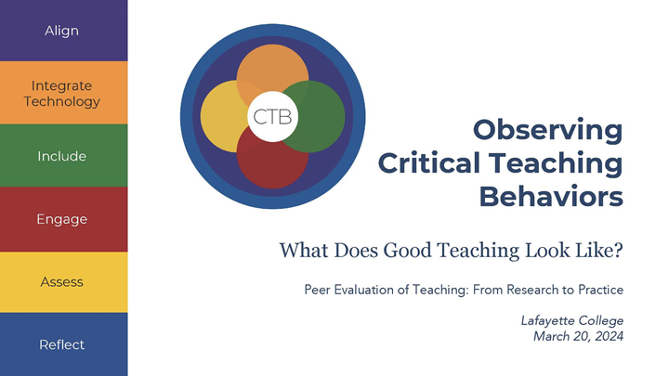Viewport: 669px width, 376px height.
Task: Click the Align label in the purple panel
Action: [61, 31]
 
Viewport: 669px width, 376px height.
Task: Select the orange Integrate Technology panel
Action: [61, 94]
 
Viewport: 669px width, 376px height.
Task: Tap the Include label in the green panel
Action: [61, 156]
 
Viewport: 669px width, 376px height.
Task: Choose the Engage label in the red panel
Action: [61, 219]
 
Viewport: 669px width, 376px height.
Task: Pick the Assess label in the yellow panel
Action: [61, 281]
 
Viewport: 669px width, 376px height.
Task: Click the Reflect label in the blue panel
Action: [61, 344]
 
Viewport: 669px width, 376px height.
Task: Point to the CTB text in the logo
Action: [272, 117]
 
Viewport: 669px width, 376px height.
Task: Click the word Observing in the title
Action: [547, 130]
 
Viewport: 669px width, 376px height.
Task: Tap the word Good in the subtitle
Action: [409, 250]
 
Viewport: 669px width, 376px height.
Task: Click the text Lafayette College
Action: [572, 321]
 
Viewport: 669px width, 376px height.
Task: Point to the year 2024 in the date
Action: [607, 336]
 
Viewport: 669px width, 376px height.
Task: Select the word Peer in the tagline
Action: [319, 290]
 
